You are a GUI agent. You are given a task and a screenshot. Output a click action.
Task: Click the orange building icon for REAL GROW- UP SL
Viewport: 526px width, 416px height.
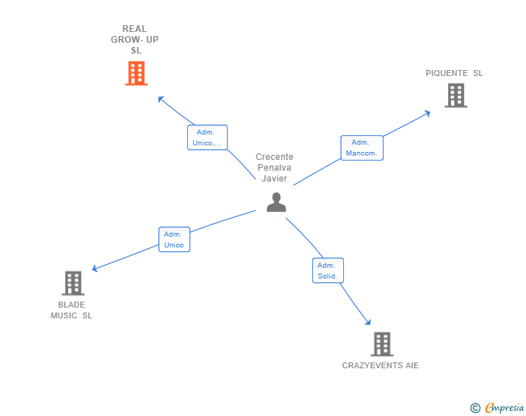click(x=136, y=73)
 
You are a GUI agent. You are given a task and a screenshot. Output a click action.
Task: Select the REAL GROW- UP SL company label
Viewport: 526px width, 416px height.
click(x=135, y=40)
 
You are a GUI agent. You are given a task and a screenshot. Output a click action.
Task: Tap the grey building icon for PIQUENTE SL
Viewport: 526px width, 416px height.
click(x=455, y=95)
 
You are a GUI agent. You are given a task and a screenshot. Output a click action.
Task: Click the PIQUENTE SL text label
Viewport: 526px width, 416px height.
click(x=454, y=73)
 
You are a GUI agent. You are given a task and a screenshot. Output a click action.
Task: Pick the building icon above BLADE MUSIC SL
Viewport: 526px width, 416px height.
click(x=73, y=283)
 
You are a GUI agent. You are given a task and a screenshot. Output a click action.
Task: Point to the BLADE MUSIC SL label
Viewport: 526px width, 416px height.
click(x=72, y=310)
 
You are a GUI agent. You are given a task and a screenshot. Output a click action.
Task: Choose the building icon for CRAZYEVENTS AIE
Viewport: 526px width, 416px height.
click(x=381, y=344)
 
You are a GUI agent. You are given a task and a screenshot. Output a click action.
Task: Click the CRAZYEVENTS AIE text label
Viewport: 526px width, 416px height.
click(x=380, y=365)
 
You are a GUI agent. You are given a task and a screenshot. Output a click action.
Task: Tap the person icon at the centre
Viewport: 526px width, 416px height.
click(x=276, y=203)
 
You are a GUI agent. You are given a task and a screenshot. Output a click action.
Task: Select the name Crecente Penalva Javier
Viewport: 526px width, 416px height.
click(x=275, y=168)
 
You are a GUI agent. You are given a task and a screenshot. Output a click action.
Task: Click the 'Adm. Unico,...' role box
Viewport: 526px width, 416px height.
click(x=207, y=137)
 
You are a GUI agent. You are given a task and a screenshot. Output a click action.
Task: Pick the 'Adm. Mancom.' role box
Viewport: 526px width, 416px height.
click(x=362, y=148)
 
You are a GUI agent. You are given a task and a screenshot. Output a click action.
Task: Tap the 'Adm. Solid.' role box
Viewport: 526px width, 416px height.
click(x=328, y=271)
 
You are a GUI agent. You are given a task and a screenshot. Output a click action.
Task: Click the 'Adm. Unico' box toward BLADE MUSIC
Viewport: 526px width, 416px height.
click(x=174, y=239)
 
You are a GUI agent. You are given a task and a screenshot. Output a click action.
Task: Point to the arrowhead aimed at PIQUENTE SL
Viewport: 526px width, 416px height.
click(x=427, y=113)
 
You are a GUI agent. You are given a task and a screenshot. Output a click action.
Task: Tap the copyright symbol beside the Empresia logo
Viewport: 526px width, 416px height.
click(x=475, y=408)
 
